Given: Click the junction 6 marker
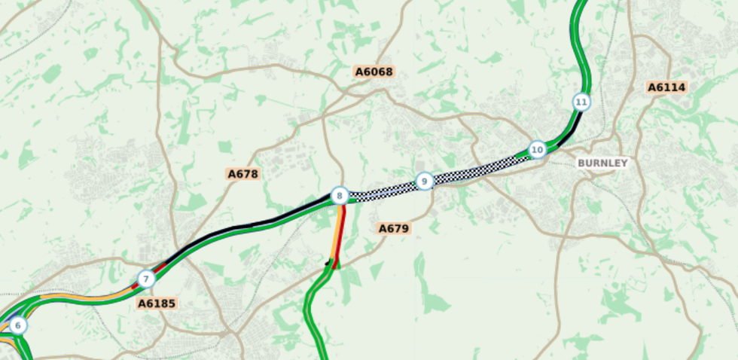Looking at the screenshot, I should [x=18, y=325].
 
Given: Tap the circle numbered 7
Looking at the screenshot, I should [x=146, y=279].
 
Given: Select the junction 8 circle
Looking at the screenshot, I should [x=340, y=197].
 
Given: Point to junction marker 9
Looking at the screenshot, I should [x=425, y=181].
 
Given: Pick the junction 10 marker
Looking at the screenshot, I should [x=537, y=150].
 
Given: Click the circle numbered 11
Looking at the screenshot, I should [x=581, y=102].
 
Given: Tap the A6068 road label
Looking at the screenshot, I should [x=374, y=72].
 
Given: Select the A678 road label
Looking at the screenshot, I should [x=243, y=174].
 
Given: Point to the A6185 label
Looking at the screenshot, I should [x=157, y=304].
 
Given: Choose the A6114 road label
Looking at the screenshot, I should [x=667, y=87].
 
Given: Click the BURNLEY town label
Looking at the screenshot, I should [x=602, y=163].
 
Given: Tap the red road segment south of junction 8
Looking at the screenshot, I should [x=340, y=233].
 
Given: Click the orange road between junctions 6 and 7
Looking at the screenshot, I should [x=83, y=298].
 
